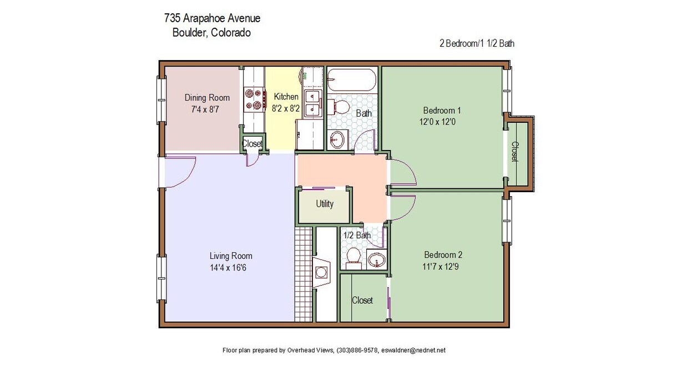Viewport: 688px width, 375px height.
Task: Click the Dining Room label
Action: pyautogui.click(x=203, y=98)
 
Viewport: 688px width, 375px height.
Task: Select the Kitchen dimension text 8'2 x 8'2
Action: pyautogui.click(x=285, y=109)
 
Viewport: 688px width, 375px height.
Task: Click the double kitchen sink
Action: pyautogui.click(x=312, y=104)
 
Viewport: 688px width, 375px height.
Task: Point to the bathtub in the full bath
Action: pyautogui.click(x=351, y=79)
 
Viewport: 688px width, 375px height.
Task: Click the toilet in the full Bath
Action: pyautogui.click(x=340, y=107)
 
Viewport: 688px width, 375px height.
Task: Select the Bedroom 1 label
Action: pyautogui.click(x=442, y=110)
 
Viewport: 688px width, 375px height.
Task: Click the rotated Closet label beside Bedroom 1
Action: pyautogui.click(x=515, y=152)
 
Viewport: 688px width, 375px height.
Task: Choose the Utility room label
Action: pyautogui.click(x=325, y=204)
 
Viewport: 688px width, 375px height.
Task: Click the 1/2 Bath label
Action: pyautogui.click(x=357, y=236)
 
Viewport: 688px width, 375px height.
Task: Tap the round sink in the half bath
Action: pyautogui.click(x=377, y=259)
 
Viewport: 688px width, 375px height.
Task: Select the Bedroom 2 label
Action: pyautogui.click(x=443, y=255)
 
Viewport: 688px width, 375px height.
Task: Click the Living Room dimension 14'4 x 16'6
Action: pyautogui.click(x=231, y=267)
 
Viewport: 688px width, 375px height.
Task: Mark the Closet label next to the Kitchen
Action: pyautogui.click(x=252, y=144)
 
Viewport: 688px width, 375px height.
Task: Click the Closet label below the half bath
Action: pyautogui.click(x=362, y=301)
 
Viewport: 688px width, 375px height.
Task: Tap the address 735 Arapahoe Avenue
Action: pyautogui.click(x=212, y=18)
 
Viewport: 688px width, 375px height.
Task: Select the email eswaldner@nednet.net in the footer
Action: pyautogui.click(x=413, y=351)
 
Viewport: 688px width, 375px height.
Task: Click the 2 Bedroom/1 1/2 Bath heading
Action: pyautogui.click(x=477, y=43)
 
